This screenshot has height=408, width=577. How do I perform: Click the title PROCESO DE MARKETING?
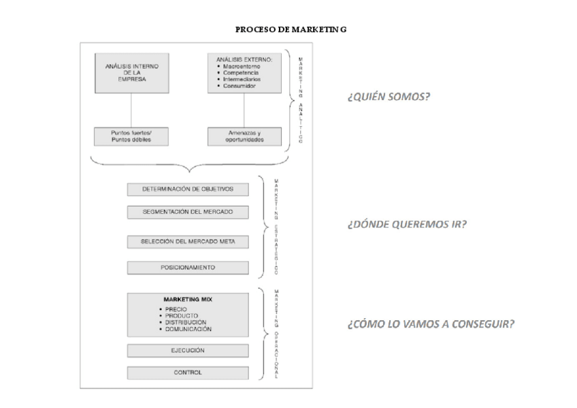(x=291, y=29)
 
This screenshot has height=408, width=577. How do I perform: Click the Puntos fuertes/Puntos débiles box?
(x=131, y=136)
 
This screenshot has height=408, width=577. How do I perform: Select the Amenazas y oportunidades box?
(x=244, y=136)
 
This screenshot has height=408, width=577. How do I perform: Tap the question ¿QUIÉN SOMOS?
(x=388, y=97)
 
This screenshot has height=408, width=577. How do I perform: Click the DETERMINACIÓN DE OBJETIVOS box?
(x=188, y=189)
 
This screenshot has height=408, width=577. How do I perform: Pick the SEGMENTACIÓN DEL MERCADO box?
(x=188, y=212)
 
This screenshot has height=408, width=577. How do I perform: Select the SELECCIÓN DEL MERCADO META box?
(x=188, y=241)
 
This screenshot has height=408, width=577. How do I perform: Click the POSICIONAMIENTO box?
(x=188, y=268)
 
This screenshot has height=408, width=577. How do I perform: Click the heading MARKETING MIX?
(x=188, y=299)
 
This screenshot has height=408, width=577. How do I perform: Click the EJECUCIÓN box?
(x=188, y=350)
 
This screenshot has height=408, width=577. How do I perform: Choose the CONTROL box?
(x=188, y=373)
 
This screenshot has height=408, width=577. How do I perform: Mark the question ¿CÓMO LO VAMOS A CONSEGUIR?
(x=430, y=324)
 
